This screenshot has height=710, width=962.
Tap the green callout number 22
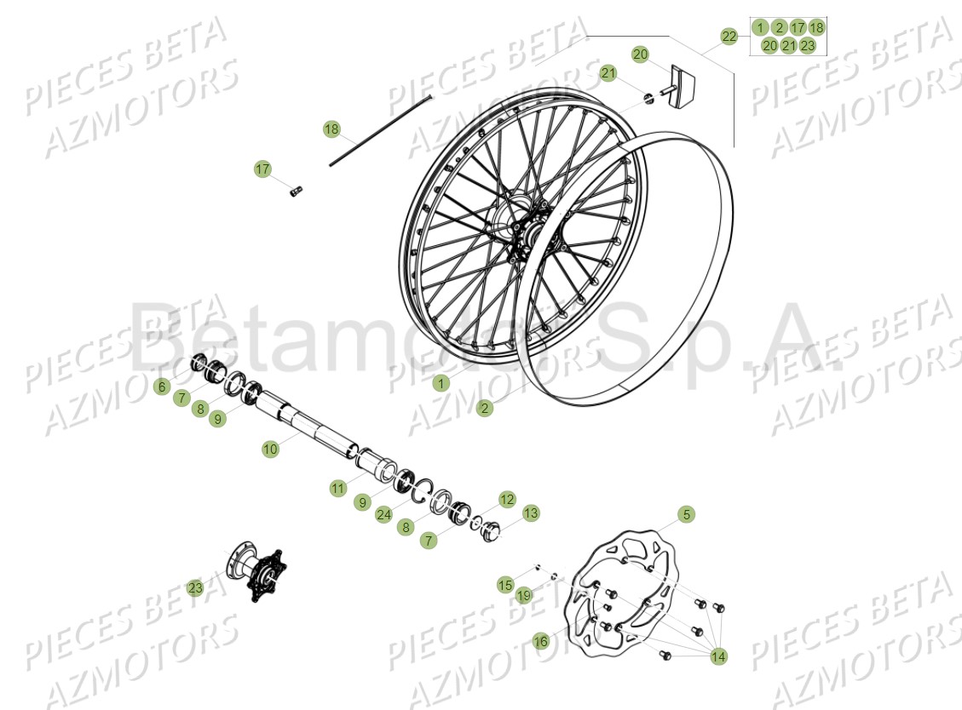(729, 37)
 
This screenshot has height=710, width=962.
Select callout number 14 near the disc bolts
(718, 656)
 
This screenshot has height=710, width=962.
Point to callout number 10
(270, 449)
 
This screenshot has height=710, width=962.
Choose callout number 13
(531, 513)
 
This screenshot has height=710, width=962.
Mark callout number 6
(162, 386)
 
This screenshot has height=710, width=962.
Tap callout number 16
(541, 641)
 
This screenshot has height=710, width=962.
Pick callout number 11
(338, 488)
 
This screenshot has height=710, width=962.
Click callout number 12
(507, 499)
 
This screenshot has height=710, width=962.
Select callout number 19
(523, 596)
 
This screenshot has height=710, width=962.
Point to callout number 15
(505, 585)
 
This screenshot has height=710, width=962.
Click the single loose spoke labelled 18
(383, 129)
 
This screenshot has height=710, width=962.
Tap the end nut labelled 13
(493, 532)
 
